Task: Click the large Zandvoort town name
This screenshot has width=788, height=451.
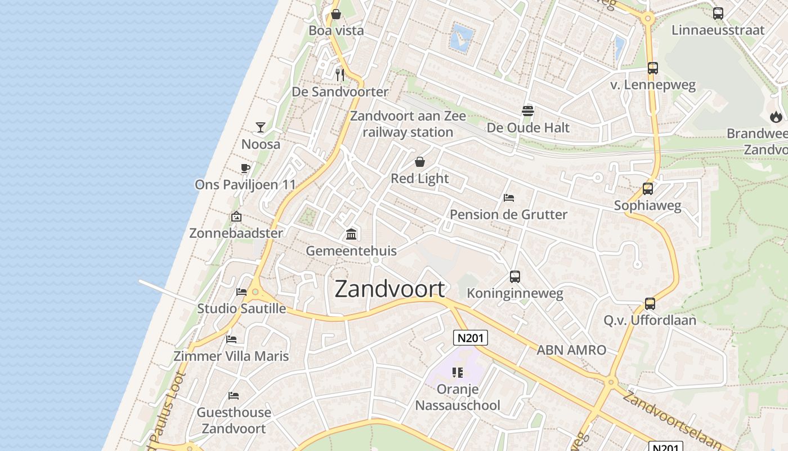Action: point(389,289)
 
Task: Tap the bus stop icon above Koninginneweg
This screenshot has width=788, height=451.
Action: point(515,277)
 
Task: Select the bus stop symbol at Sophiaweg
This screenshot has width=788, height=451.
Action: point(648,189)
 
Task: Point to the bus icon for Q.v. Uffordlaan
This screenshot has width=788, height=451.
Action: point(650,304)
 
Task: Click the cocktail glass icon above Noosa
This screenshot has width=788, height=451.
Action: point(261,127)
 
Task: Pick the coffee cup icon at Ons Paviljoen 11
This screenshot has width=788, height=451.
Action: point(245,168)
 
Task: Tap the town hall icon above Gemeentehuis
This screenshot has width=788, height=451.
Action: point(351,234)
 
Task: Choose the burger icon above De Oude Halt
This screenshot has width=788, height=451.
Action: point(528,111)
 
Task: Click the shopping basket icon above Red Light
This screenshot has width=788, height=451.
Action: point(420,162)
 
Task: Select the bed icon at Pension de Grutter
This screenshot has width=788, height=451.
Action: point(509,198)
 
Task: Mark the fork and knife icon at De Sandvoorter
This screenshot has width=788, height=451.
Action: point(339,74)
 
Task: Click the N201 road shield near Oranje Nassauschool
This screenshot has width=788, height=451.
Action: point(470,338)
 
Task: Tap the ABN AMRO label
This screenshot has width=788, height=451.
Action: point(571,350)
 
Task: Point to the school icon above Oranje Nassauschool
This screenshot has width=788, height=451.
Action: point(458,372)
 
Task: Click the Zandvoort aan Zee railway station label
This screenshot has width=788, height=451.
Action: point(408,124)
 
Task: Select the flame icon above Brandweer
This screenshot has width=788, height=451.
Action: point(776,117)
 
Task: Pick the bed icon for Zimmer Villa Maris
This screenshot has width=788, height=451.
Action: point(231,339)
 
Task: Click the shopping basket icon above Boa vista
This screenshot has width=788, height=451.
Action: point(336,14)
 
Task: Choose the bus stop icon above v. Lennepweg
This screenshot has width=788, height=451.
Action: point(653,68)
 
